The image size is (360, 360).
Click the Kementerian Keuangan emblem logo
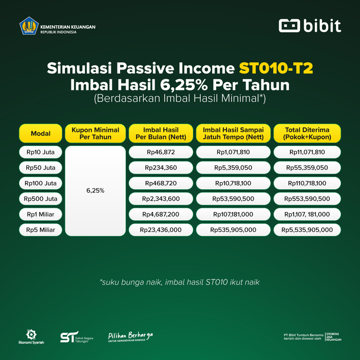(x=29, y=26)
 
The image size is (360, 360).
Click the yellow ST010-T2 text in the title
(x=276, y=68)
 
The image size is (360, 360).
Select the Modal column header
(x=41, y=133)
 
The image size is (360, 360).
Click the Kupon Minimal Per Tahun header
(x=95, y=133)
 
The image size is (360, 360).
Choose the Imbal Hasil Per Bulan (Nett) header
(x=161, y=133)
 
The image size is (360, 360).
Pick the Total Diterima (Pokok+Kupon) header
(x=307, y=133)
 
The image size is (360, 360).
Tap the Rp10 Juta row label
(x=41, y=153)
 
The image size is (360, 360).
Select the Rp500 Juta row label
(x=41, y=199)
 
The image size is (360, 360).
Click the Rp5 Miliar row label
(x=41, y=230)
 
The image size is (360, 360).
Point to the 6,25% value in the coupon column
(x=95, y=191)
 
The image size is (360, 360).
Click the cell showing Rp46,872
(x=161, y=153)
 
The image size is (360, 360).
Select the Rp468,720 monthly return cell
(x=161, y=183)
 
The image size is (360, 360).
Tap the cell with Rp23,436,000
(x=161, y=230)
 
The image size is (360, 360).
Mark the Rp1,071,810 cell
(x=233, y=153)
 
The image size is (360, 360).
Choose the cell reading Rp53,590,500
(x=233, y=199)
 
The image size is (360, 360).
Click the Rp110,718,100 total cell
(x=307, y=183)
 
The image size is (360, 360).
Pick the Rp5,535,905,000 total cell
(x=307, y=230)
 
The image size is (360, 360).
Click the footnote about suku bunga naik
(x=180, y=282)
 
